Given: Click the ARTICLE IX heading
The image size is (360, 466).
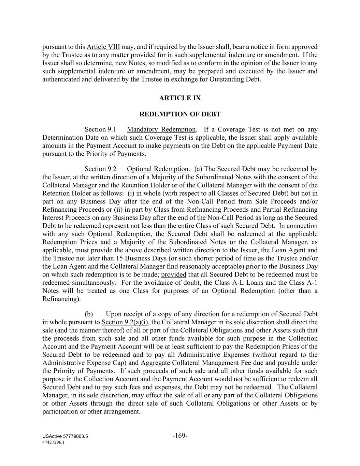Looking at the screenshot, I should point(180,98).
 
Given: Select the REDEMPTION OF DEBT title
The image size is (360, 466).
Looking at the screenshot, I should point(180,114).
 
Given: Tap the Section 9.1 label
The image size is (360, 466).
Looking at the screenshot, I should point(100,129).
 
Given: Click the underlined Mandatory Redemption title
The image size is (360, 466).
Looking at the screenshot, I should point(161,129).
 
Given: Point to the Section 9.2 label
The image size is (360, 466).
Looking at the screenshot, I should point(100,169).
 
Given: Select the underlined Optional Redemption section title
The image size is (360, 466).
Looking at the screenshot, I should point(157,169).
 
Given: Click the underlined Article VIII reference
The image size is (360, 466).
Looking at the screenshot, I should point(103,47).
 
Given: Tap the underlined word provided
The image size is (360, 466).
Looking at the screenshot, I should point(174,274).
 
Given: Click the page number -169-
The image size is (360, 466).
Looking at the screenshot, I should point(180,436).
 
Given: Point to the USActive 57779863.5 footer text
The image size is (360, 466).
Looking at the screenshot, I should point(65,436).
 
